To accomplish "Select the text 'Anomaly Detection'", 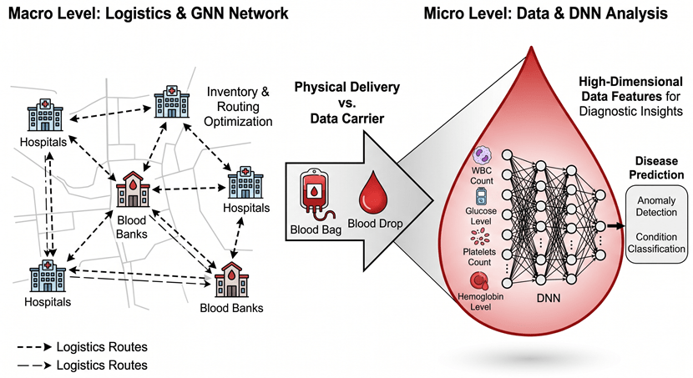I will tap(655, 207).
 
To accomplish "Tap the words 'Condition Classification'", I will tap(655, 242).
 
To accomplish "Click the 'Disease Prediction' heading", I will tap(655, 167).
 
